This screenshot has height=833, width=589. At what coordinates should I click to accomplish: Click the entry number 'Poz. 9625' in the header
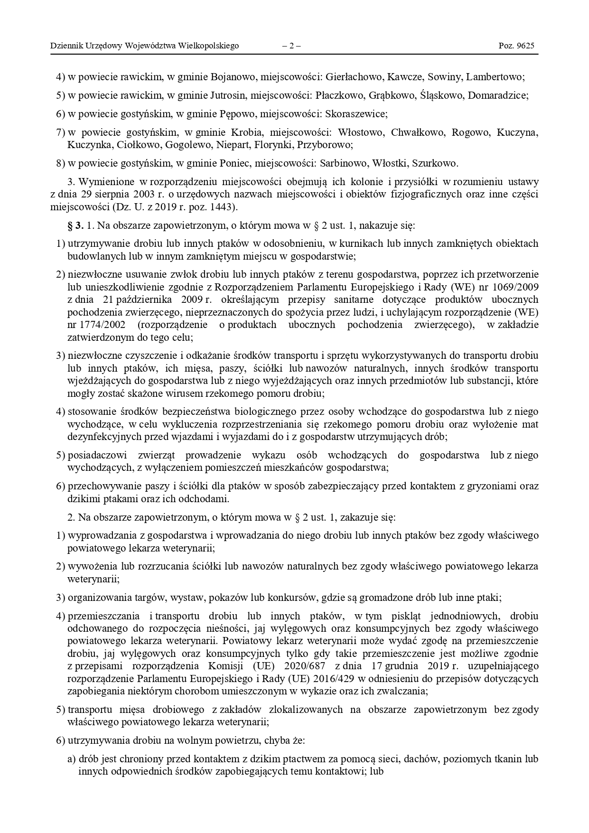coord(516,46)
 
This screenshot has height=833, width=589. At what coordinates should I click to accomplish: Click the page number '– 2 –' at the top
coord(291,46)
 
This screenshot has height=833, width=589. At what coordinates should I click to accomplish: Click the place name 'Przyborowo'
coord(328,144)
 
